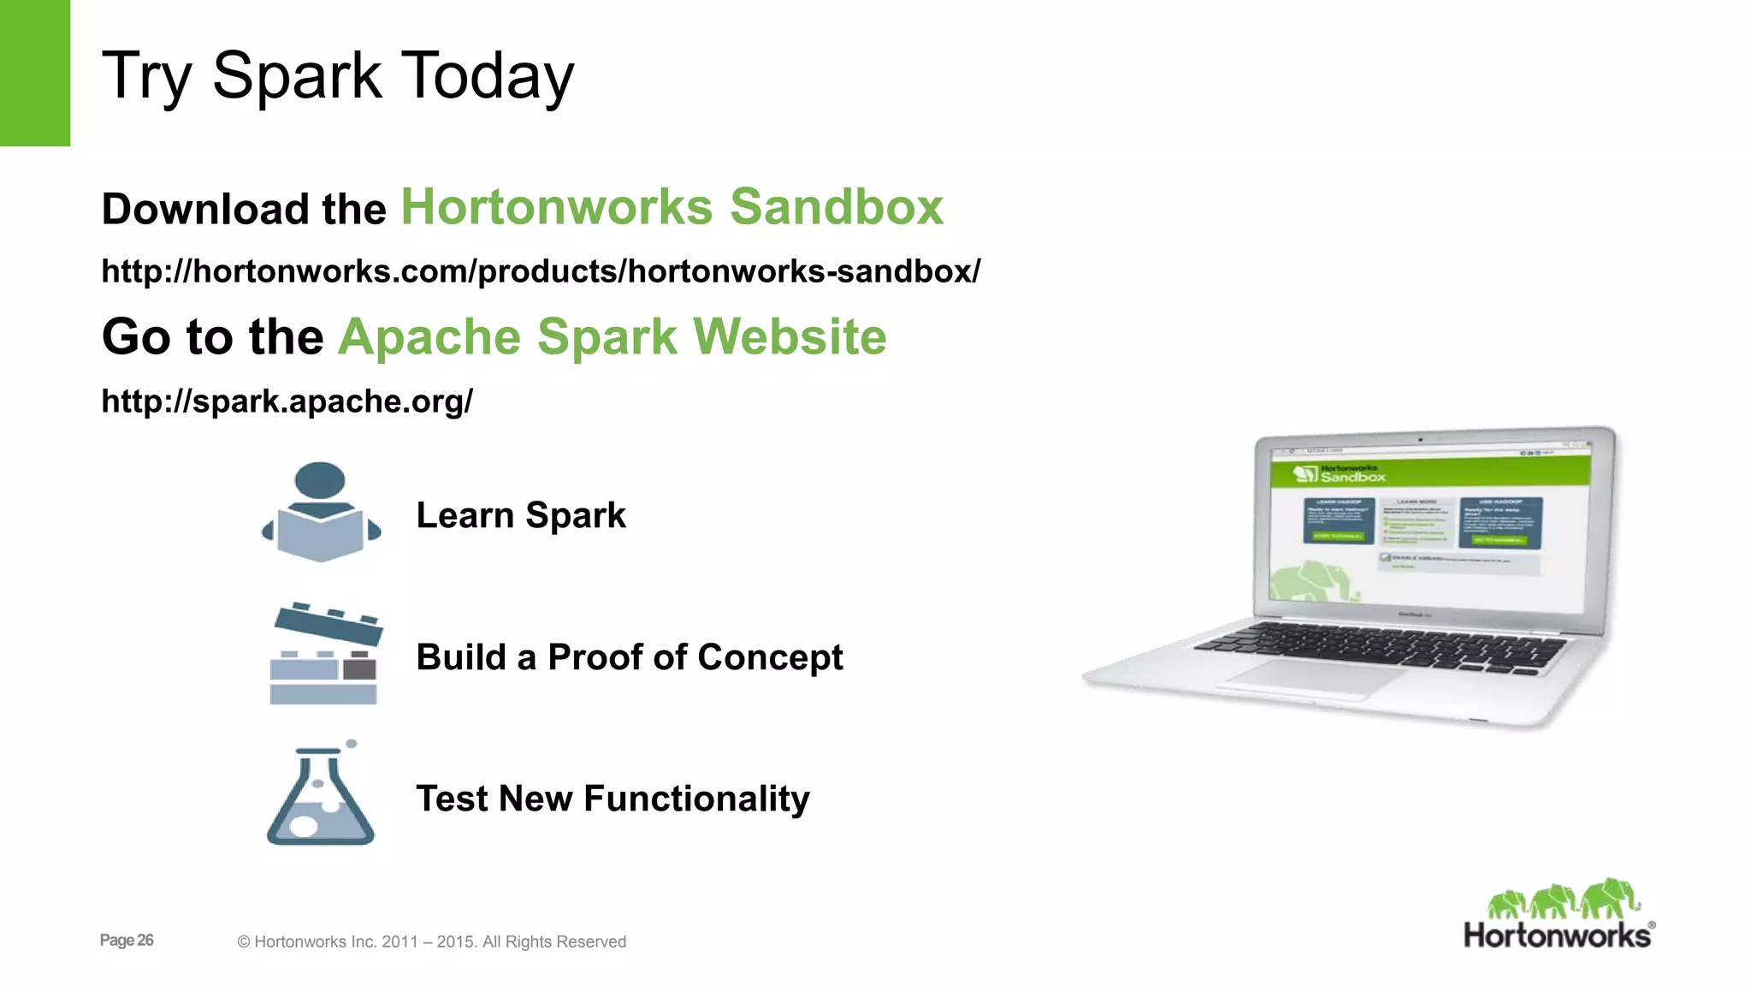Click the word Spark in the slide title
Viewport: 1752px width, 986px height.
click(x=296, y=77)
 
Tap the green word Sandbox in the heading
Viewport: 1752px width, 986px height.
click(x=836, y=207)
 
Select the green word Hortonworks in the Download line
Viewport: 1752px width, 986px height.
click(x=556, y=207)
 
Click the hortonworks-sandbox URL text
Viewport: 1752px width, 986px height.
click(x=541, y=271)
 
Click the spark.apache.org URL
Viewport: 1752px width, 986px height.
click(x=287, y=401)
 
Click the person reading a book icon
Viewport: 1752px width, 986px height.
click(x=321, y=514)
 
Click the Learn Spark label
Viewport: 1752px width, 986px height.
click(x=520, y=515)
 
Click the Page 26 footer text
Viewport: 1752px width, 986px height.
click(x=127, y=940)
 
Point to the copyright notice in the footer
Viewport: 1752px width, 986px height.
click(x=431, y=941)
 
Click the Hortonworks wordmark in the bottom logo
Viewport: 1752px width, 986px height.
click(x=1557, y=936)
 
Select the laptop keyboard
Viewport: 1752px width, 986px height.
click(x=1377, y=646)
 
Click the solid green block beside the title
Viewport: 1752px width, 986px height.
click(x=34, y=73)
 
